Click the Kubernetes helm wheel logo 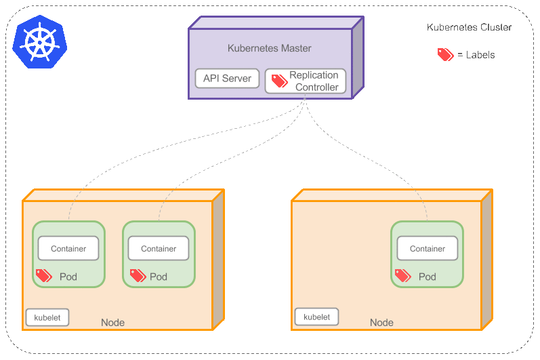(41, 42)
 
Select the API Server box (227, 79)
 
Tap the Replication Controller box (306, 81)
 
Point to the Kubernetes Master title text (269, 49)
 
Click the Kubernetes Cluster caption (470, 28)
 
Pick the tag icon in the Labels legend (445, 55)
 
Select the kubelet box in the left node (47, 317)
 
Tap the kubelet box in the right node (316, 317)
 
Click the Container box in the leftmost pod (68, 249)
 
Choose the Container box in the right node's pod (428, 249)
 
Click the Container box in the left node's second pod (159, 249)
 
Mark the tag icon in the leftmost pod (44, 276)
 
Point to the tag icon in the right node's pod (402, 276)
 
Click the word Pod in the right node (428, 277)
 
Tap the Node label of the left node (112, 323)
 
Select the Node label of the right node (381, 323)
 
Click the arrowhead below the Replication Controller (306, 99)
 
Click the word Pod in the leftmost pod (68, 277)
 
